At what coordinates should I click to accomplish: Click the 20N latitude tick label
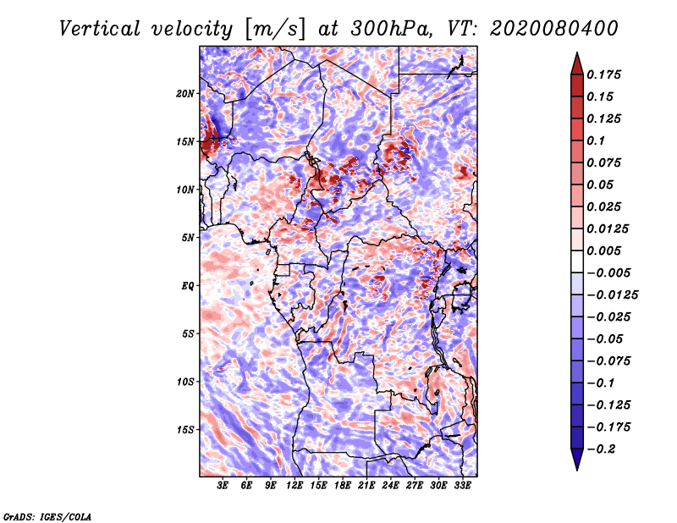(x=185, y=93)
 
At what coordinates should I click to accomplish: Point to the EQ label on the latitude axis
(x=187, y=285)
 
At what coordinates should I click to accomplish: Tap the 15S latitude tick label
(x=185, y=429)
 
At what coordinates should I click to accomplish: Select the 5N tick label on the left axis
(x=188, y=237)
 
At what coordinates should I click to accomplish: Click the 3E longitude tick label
(x=223, y=486)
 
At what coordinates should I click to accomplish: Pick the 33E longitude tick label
(x=462, y=486)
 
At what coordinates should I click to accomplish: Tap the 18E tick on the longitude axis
(x=343, y=486)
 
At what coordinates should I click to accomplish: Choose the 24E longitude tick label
(x=390, y=486)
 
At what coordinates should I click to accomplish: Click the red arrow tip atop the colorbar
(x=576, y=59)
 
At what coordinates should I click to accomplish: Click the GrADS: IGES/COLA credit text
(x=47, y=515)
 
